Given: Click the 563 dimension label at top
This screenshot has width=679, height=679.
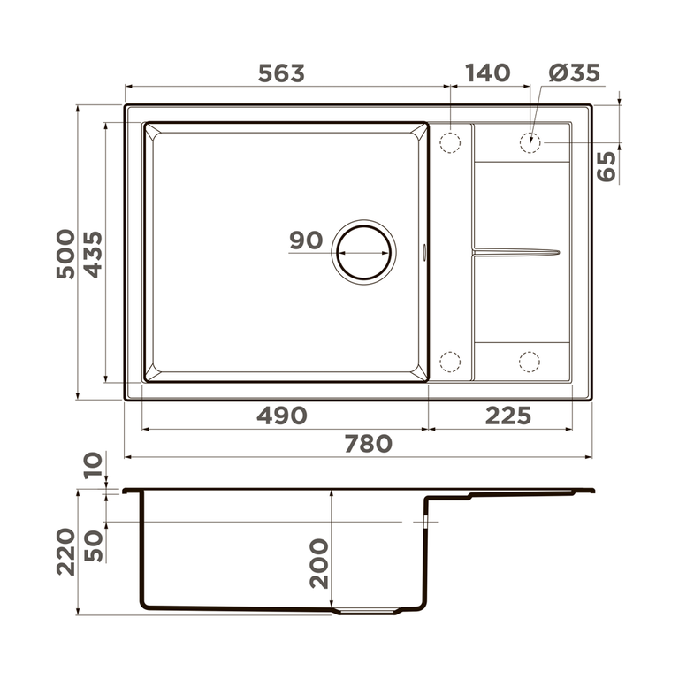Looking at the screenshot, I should (281, 73).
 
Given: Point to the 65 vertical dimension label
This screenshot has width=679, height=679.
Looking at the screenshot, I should (607, 166).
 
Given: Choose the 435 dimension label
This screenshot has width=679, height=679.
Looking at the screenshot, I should (93, 254).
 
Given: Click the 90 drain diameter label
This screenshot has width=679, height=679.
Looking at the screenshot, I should (305, 240).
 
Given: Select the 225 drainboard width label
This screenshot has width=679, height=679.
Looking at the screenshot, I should (507, 416).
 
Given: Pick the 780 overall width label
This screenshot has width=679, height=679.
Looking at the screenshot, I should (368, 444).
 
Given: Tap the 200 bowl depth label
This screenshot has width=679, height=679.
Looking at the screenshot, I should (318, 563).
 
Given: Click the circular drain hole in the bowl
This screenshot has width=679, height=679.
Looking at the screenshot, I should (363, 252).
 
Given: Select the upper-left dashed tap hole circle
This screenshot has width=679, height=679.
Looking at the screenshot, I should (450, 141).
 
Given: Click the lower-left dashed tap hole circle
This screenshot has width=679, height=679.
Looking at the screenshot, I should (450, 361).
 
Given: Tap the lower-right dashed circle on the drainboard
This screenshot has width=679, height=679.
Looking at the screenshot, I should (530, 361).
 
